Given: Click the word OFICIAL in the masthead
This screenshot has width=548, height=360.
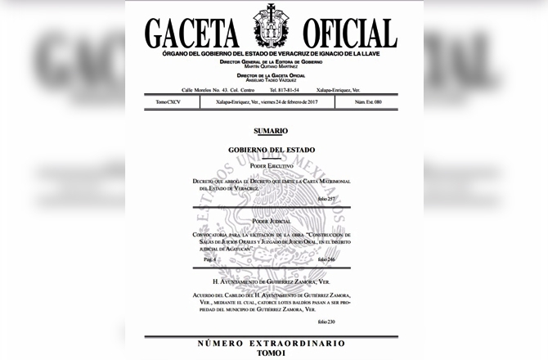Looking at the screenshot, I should pyautogui.click(x=347, y=32).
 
